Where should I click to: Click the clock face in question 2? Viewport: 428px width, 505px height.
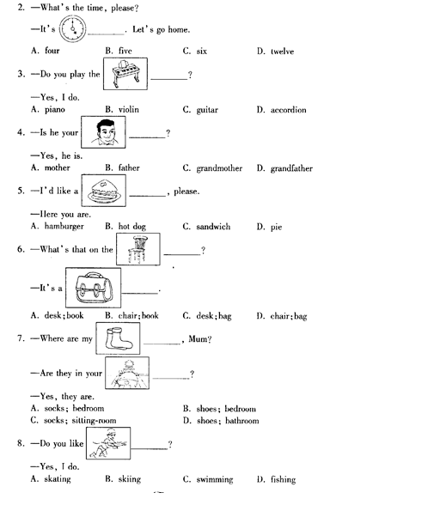pos(73,29)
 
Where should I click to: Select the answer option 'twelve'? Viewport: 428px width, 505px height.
pos(282,52)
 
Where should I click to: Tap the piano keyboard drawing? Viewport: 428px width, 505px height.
pos(125,74)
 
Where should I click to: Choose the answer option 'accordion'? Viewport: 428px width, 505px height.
pos(289,110)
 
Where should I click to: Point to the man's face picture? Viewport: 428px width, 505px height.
pos(103,132)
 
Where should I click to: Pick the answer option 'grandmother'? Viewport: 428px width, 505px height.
pos(219,168)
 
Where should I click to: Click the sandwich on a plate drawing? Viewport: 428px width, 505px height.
pos(103,191)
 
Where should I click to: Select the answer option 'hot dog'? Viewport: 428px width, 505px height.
pos(132,227)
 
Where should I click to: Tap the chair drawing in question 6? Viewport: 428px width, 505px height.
pos(138,249)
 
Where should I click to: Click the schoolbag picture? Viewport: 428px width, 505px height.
pos(93,288)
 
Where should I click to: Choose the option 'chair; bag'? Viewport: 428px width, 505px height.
pos(289,316)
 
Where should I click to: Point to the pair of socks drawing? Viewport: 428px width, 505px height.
pos(118,338)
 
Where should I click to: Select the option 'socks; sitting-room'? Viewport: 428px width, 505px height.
pos(80,421)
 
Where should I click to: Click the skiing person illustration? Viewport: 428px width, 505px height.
pos(108,443)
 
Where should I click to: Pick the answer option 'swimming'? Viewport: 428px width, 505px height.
pos(215,479)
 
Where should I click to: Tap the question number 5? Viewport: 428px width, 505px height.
pos(21,191)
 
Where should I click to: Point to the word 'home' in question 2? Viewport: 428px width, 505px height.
pos(178,29)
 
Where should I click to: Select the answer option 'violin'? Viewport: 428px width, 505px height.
pos(129,110)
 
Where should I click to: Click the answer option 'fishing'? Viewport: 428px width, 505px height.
pos(283,479)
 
